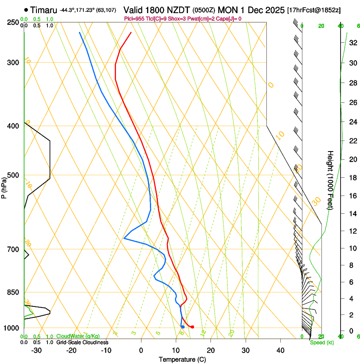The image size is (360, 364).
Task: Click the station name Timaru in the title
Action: point(44,10)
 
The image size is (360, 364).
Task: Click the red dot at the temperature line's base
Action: point(192,327)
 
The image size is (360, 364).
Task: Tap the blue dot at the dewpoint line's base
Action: point(183,327)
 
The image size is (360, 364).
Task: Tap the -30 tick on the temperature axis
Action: point(36,350)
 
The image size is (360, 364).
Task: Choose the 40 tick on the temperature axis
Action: point(280,350)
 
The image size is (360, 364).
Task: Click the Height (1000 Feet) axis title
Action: point(330,180)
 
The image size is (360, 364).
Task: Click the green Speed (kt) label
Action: point(321,342)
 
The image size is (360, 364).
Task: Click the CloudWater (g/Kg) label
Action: point(78,336)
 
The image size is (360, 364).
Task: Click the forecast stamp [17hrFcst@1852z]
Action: point(314,10)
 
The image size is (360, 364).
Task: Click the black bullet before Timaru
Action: point(26,10)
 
